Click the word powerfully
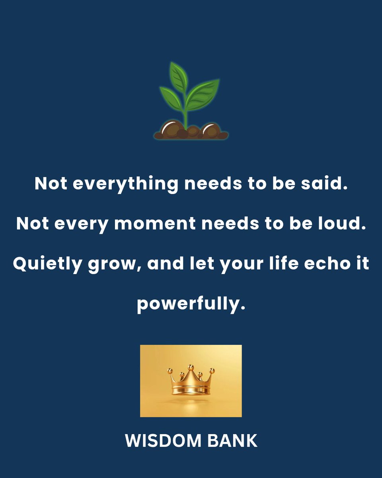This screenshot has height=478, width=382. [191, 304]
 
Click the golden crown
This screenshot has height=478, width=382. [191, 380]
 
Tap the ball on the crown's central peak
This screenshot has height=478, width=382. [191, 366]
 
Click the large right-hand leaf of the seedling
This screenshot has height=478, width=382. [203, 94]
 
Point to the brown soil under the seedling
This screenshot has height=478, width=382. [191, 131]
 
